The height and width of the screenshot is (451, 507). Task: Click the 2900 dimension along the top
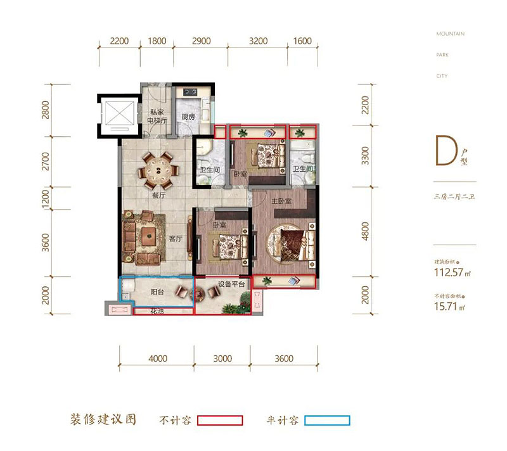click(201, 41)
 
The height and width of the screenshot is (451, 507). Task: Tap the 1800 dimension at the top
click(157, 41)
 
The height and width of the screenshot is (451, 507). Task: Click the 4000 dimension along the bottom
click(158, 359)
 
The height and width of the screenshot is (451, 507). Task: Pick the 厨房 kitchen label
click(188, 117)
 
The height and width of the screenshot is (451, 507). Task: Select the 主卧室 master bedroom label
click(281, 201)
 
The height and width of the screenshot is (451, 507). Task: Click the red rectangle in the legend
click(220, 420)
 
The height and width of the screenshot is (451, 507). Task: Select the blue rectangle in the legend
click(327, 420)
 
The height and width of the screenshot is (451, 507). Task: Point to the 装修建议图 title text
click(105, 420)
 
